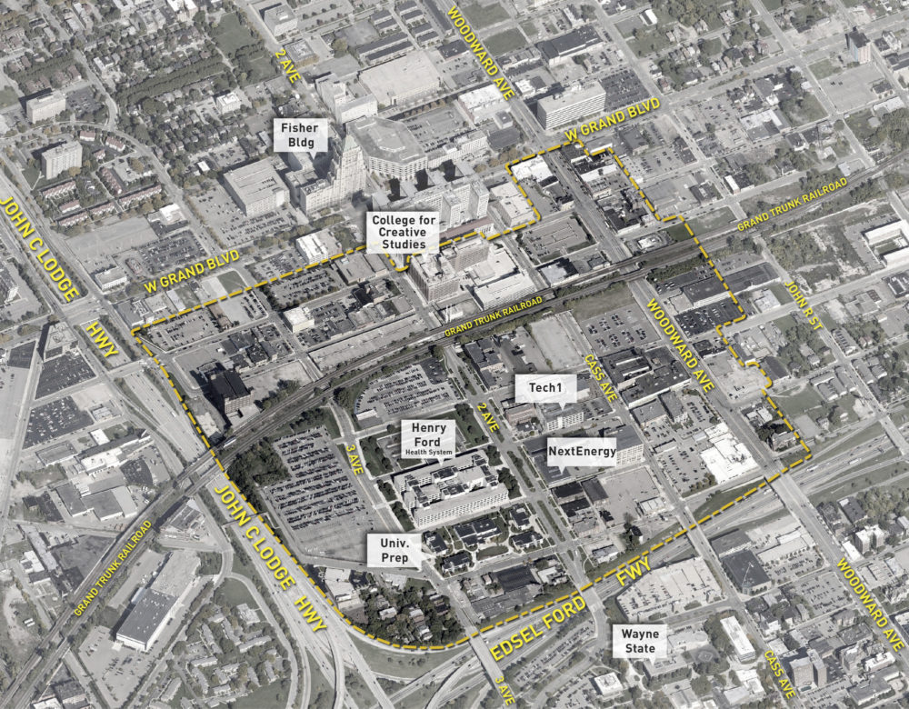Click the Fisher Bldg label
(x=299, y=135)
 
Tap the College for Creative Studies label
(x=404, y=233)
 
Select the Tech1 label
(x=547, y=387)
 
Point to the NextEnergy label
(x=583, y=451)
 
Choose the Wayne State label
(x=641, y=641)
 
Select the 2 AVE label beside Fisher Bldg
(x=290, y=63)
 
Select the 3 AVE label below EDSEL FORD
(x=499, y=687)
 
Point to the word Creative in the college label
(x=404, y=233)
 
